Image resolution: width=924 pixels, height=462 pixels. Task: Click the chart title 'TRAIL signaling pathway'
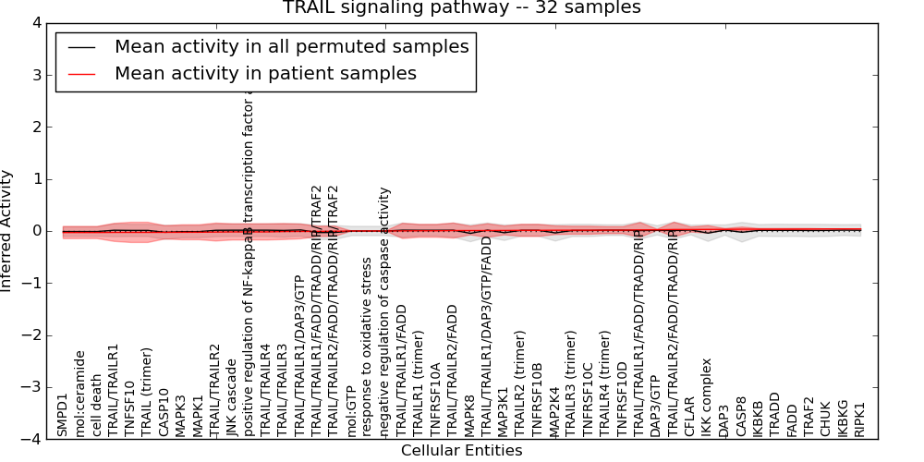point(461,8)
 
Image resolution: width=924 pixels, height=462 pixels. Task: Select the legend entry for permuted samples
point(291,46)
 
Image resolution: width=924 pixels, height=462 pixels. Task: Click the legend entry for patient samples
point(265,73)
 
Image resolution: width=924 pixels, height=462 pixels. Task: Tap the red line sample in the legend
point(81,74)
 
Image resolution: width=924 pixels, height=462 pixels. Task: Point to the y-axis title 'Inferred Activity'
point(7,231)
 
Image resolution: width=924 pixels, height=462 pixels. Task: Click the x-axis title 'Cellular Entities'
point(461,451)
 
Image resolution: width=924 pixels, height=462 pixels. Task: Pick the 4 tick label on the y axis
point(35,23)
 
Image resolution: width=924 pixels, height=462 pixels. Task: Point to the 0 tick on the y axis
point(35,231)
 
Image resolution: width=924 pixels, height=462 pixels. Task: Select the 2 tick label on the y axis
point(35,127)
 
